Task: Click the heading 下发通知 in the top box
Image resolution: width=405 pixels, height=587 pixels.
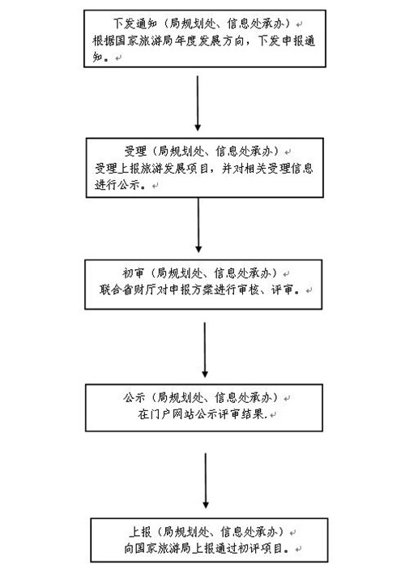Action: click(134, 24)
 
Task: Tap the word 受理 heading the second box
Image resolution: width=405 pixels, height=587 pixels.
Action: click(135, 152)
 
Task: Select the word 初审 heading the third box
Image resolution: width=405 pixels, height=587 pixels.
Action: click(133, 273)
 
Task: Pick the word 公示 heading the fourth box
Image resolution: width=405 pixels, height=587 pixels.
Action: click(134, 397)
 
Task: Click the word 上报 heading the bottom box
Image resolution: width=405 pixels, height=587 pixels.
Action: click(140, 531)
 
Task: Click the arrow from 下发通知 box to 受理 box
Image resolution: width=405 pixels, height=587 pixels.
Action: click(198, 103)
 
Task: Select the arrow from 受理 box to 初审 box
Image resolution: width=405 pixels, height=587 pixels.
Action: click(198, 225)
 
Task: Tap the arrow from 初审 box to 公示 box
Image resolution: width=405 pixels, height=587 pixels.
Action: click(205, 350)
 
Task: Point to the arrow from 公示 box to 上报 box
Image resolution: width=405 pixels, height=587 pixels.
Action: click(205, 481)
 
